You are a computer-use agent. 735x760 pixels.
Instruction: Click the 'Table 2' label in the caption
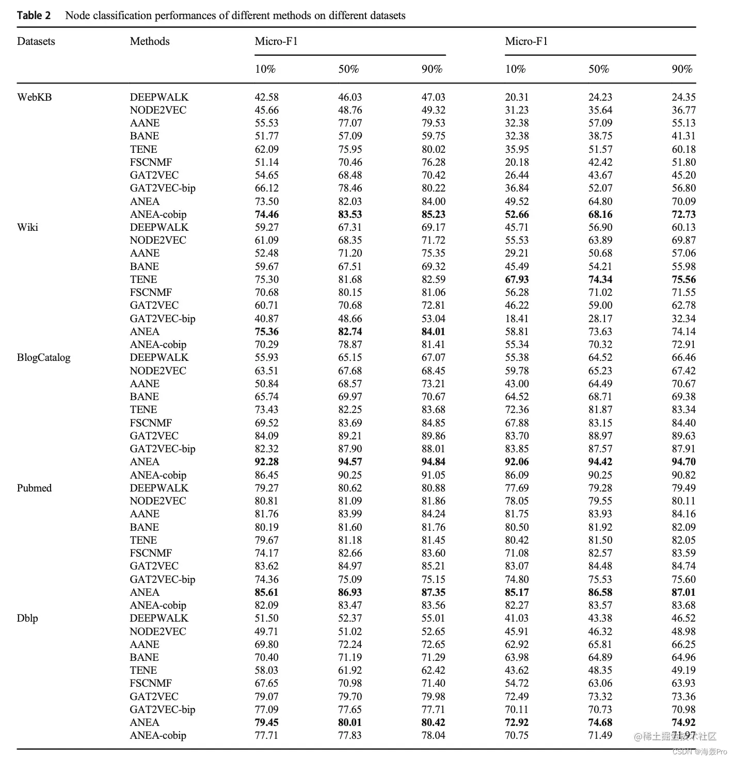(34, 15)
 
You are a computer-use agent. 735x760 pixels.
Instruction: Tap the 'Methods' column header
(150, 41)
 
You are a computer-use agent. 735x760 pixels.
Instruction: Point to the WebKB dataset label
(35, 97)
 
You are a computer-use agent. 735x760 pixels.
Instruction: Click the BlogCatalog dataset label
(43, 357)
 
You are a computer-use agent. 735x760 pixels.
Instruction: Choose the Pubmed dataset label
(34, 488)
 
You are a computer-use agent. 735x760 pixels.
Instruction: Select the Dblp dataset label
(27, 618)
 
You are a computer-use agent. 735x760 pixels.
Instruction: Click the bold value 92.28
(267, 462)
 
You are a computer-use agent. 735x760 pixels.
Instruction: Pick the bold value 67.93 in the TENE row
(517, 279)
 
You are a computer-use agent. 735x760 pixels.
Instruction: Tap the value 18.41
(517, 319)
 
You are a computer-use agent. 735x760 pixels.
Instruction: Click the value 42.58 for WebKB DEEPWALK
(267, 97)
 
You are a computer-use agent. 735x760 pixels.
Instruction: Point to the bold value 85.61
(267, 592)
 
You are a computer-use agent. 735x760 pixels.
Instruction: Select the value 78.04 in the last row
(434, 735)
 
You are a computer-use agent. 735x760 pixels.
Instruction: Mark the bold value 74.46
(267, 214)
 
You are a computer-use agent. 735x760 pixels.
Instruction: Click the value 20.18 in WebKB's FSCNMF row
(517, 162)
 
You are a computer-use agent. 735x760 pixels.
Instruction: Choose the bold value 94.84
(434, 462)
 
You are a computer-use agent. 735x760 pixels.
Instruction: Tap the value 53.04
(434, 319)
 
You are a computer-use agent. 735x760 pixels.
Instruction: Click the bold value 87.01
(684, 592)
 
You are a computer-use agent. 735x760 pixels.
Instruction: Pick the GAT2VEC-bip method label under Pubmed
(163, 579)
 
